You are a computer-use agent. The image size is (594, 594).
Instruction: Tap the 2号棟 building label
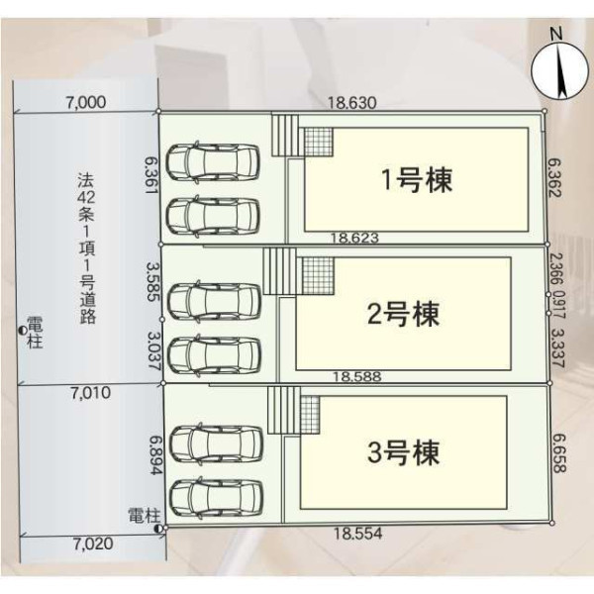(x=404, y=314)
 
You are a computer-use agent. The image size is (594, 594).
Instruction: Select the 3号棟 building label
(x=404, y=452)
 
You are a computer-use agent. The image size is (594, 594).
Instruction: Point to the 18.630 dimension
(x=351, y=103)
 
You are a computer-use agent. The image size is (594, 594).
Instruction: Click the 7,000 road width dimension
(x=86, y=103)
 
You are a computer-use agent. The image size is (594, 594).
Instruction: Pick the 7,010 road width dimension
(x=90, y=393)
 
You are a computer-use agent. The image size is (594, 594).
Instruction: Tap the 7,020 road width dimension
(x=93, y=544)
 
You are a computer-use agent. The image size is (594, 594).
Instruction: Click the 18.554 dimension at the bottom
(x=357, y=534)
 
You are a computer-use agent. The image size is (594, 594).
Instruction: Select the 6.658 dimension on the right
(x=558, y=453)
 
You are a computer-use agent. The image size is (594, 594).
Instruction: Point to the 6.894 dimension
(x=155, y=455)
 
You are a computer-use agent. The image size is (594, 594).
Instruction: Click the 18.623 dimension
(x=354, y=238)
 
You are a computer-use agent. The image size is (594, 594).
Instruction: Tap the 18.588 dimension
(x=356, y=376)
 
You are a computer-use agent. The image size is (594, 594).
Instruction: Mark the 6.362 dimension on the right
(x=554, y=177)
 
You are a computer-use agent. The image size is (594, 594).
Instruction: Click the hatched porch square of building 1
(x=319, y=142)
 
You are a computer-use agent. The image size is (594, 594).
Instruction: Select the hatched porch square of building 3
(x=310, y=415)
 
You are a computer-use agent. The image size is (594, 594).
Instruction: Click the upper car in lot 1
(x=214, y=162)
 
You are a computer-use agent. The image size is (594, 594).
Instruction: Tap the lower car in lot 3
(x=217, y=497)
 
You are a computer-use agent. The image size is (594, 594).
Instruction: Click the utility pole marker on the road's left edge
(x=23, y=331)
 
